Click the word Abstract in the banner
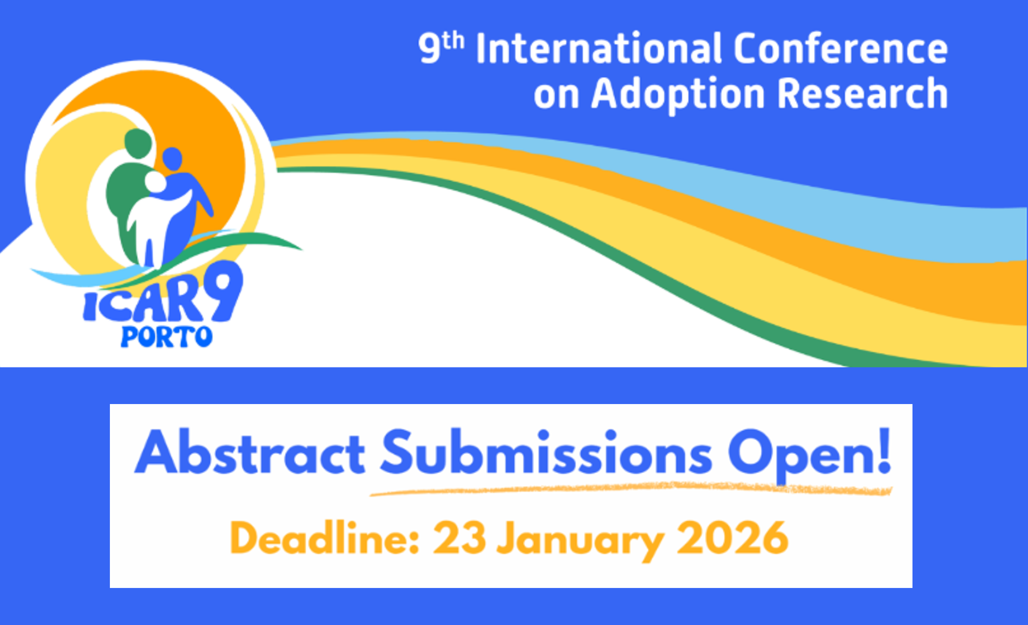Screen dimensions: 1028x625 coord(250,452)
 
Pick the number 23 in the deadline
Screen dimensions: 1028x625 coord(459,538)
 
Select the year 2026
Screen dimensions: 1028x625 coord(733,538)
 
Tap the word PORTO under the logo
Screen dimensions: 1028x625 coord(167,337)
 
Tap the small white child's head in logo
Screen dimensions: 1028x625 coord(155,182)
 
